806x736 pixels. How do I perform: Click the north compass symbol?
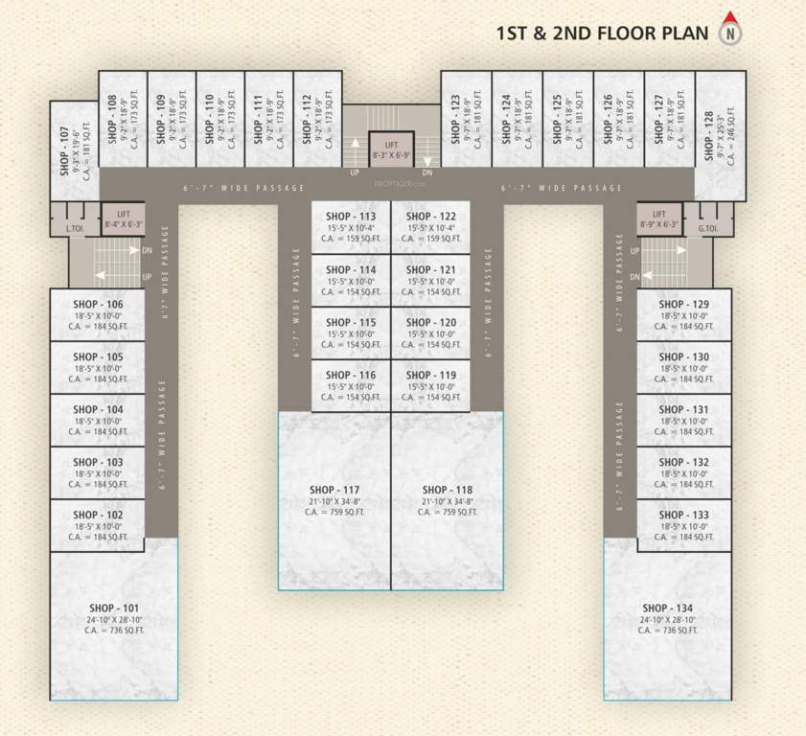tap(731, 31)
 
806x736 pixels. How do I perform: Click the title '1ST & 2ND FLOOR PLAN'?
tap(602, 34)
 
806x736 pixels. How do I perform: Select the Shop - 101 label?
tap(114, 609)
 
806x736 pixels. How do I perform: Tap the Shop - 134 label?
tap(667, 609)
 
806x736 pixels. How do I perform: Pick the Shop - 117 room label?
tap(334, 490)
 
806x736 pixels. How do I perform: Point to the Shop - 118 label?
tap(448, 490)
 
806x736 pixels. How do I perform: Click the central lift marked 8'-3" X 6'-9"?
tap(391, 148)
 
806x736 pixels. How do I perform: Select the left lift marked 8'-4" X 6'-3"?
tap(124, 219)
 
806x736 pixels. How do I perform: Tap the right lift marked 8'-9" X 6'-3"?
tap(658, 219)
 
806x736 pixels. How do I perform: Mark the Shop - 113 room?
tap(351, 227)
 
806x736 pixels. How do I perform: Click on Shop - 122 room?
tap(430, 227)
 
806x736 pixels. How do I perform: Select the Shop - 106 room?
tap(98, 314)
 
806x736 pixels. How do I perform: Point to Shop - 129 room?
tap(684, 314)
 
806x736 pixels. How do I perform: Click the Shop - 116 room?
tap(351, 385)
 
